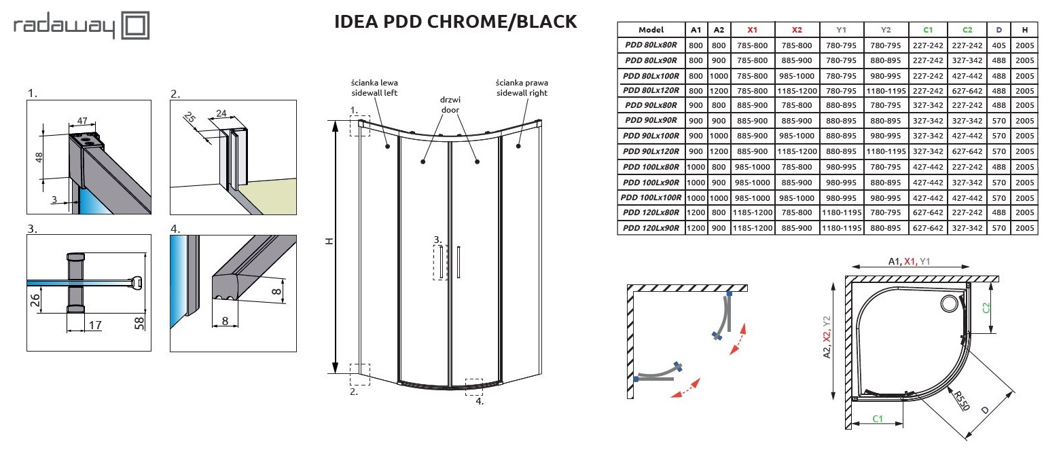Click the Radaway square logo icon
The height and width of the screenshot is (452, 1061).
pos(136,26)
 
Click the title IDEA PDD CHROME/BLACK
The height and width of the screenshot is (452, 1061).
pos(456,22)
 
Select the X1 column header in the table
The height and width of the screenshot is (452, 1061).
pos(752,30)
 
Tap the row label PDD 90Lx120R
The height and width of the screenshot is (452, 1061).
pos(651,151)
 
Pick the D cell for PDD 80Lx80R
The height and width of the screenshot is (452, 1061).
pos(999,45)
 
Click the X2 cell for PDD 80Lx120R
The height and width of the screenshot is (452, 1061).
pos(797,90)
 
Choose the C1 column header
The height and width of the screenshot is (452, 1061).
pos(929,30)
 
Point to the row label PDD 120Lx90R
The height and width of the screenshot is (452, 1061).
pos(651,228)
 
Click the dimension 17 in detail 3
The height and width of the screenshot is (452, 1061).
pos(94,326)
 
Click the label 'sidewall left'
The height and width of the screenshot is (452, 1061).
pos(374,92)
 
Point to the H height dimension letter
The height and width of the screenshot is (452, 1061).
pos(329,241)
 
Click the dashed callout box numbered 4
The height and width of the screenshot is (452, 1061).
pos(473,386)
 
